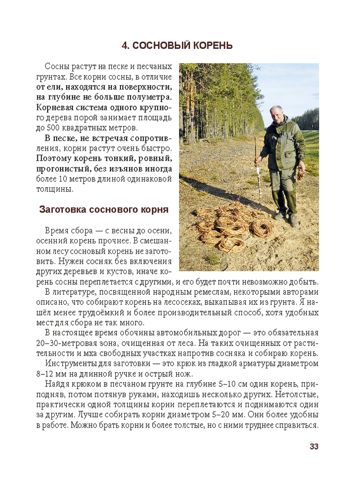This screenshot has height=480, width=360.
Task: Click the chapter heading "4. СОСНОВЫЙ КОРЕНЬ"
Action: (177, 46)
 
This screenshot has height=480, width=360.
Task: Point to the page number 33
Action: (314, 446)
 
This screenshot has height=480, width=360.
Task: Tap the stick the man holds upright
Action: (257, 168)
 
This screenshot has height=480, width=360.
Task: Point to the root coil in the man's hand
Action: (301, 172)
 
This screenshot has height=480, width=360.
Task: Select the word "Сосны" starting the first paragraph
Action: (57, 67)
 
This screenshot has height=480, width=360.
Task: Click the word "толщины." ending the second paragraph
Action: (55, 189)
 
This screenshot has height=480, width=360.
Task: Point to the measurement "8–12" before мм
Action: (47, 374)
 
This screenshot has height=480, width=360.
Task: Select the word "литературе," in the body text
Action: (76, 292)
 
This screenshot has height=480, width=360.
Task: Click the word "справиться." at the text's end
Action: (299, 425)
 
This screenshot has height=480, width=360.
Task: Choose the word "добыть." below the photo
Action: (305, 282)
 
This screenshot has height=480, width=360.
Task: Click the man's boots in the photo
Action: (287, 218)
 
